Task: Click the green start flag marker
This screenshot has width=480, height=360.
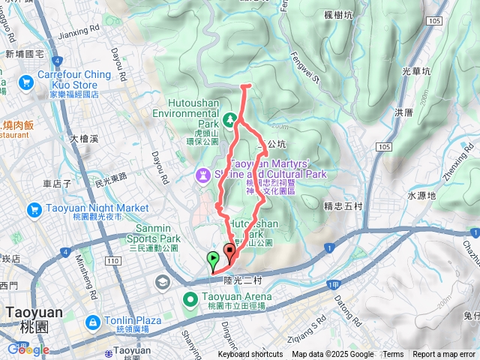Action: tap(213, 260)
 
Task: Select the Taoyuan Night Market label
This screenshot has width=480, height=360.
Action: tap(77, 208)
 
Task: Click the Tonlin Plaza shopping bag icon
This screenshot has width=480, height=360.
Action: tap(92, 322)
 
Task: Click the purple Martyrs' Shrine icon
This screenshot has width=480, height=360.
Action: tap(202, 175)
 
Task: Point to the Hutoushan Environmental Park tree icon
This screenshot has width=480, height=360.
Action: tap(230, 118)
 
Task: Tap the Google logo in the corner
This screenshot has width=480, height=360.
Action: tap(27, 349)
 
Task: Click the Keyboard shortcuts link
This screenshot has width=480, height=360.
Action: tap(250, 355)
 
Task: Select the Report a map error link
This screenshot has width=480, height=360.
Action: tap(444, 355)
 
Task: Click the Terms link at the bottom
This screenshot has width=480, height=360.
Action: tap(393, 355)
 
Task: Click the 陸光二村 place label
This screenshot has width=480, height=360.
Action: tap(241, 280)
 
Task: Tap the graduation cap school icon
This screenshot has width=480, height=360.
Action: tap(162, 282)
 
